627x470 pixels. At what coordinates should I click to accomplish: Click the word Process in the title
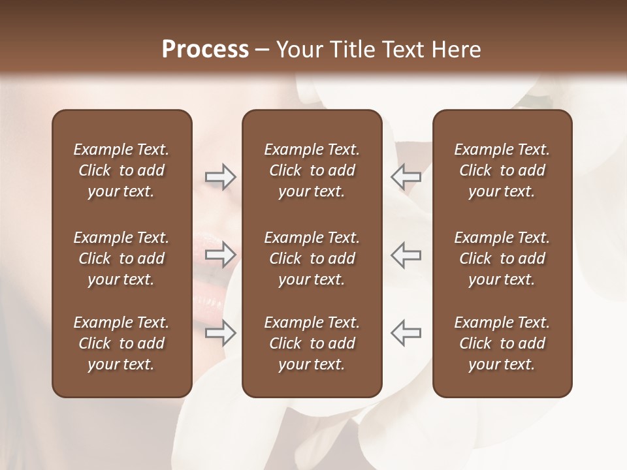click(205, 50)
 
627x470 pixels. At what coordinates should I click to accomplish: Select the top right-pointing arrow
click(220, 177)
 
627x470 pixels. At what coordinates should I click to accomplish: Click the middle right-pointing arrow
click(220, 255)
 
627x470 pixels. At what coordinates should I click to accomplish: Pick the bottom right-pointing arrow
click(220, 333)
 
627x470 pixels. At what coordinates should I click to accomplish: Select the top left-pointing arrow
click(406, 177)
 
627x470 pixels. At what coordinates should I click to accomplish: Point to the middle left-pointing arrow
click(406, 255)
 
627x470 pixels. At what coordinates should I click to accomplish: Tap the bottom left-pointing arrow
click(406, 333)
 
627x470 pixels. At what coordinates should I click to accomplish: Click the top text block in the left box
click(121, 170)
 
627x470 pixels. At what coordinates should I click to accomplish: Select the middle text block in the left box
click(121, 258)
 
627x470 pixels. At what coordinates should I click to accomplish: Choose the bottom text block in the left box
click(121, 343)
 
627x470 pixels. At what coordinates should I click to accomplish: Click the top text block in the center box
click(312, 170)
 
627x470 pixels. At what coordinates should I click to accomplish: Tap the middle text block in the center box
click(312, 258)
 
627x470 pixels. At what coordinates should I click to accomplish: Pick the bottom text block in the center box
click(312, 343)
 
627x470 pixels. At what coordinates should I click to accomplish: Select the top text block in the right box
click(502, 170)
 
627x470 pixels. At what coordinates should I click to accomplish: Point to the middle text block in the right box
click(502, 258)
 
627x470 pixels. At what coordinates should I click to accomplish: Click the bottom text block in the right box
click(502, 343)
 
